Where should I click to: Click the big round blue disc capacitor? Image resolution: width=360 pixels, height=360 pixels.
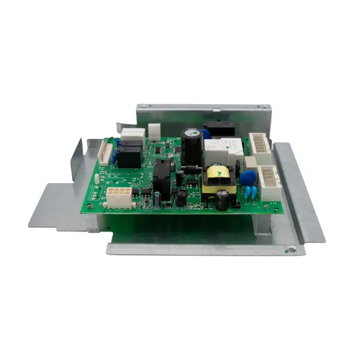[249, 178]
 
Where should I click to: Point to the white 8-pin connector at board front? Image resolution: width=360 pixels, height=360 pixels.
[119, 197]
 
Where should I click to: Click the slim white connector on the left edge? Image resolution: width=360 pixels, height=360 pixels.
[105, 151]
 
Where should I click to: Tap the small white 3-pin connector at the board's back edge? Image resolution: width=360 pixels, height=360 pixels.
[153, 131]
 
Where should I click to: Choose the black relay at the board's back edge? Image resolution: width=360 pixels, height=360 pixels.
[220, 129]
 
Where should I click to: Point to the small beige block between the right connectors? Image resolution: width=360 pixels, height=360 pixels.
[250, 163]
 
